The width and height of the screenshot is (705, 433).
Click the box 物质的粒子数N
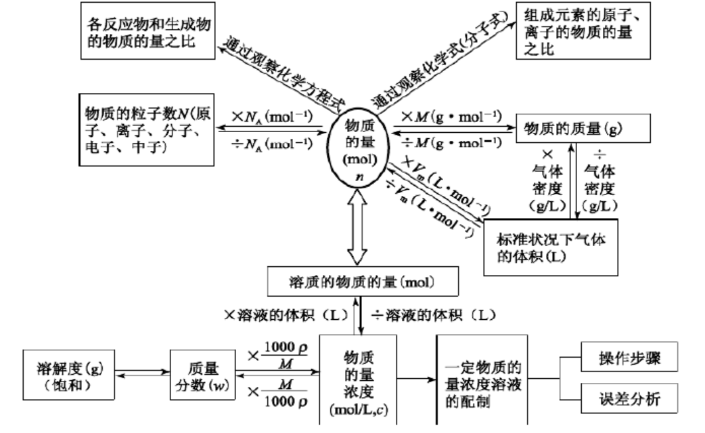coord(146,129)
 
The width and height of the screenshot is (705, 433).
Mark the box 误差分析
coord(629,399)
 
